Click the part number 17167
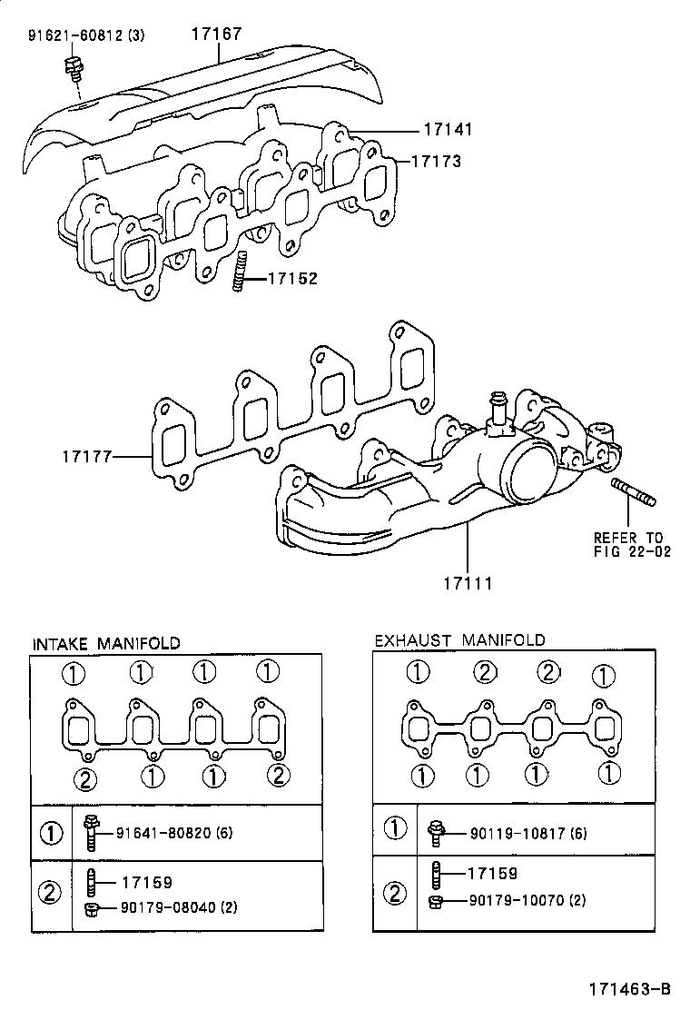(x=216, y=35)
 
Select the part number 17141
(x=447, y=130)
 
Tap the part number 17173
(x=436, y=162)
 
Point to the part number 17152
(x=292, y=279)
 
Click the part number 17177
(x=87, y=456)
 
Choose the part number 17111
(x=467, y=582)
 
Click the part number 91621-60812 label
(x=84, y=36)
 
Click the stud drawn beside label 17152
(x=240, y=273)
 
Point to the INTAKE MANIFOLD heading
(x=106, y=643)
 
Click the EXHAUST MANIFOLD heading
(x=460, y=640)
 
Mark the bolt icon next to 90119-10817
(x=435, y=831)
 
